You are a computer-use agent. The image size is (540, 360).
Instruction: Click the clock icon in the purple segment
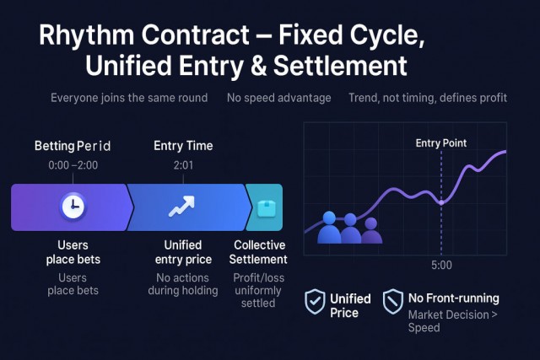(73, 207)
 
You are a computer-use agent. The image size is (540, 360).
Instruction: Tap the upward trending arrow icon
(181, 207)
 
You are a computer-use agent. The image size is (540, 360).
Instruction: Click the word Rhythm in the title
(86, 35)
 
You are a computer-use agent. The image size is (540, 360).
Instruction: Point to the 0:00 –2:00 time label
(73, 165)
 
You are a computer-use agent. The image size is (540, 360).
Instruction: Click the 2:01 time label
(183, 165)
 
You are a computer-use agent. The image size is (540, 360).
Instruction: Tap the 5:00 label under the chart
(441, 265)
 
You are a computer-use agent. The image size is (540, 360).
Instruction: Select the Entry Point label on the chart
(441, 142)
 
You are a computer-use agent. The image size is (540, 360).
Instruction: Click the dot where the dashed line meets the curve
(441, 202)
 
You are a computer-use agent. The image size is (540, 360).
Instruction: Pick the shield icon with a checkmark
(315, 302)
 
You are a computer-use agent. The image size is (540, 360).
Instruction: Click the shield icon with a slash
(393, 302)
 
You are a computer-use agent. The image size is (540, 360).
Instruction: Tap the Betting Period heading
(73, 146)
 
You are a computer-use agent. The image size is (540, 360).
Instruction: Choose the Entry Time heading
(183, 146)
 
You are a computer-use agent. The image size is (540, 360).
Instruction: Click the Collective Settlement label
(259, 252)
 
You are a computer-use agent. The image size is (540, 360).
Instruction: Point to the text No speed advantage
(279, 98)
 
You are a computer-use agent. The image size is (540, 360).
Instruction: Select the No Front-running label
(454, 298)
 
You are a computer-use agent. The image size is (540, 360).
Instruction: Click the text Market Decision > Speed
(453, 320)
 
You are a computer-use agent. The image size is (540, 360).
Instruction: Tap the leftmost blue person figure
(329, 228)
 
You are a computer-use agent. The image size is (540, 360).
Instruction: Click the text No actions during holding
(183, 284)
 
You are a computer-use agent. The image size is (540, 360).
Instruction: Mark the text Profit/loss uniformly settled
(258, 290)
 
